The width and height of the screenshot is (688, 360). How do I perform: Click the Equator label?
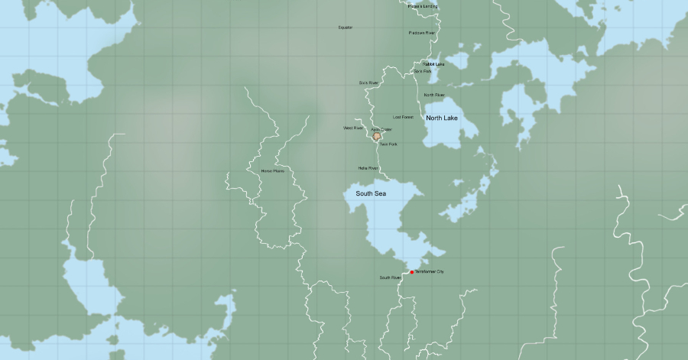point(346,28)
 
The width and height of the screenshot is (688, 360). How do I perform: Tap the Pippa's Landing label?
point(424,7)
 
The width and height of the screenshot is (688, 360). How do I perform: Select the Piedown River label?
point(421,33)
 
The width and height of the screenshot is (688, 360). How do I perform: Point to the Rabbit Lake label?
point(433,64)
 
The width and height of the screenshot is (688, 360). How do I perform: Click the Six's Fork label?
point(423,71)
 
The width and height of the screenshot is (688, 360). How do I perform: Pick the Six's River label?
point(368,83)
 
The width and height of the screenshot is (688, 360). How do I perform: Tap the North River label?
point(434,95)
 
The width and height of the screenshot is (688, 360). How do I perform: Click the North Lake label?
point(441,118)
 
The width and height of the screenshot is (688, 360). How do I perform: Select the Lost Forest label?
point(403,117)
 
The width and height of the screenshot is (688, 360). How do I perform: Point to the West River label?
point(353,128)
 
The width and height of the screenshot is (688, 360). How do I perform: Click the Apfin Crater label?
point(381,130)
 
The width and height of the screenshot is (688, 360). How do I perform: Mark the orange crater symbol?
point(376,136)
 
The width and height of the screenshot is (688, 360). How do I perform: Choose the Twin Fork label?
point(388,144)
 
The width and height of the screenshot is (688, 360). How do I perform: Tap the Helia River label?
point(368,167)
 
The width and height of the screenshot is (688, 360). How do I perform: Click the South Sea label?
point(371,194)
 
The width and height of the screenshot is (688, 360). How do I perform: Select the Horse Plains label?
point(272,171)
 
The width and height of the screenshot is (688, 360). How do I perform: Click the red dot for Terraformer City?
point(412,272)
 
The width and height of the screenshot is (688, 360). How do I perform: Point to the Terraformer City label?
point(429,272)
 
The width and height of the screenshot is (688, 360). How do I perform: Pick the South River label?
point(390,277)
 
